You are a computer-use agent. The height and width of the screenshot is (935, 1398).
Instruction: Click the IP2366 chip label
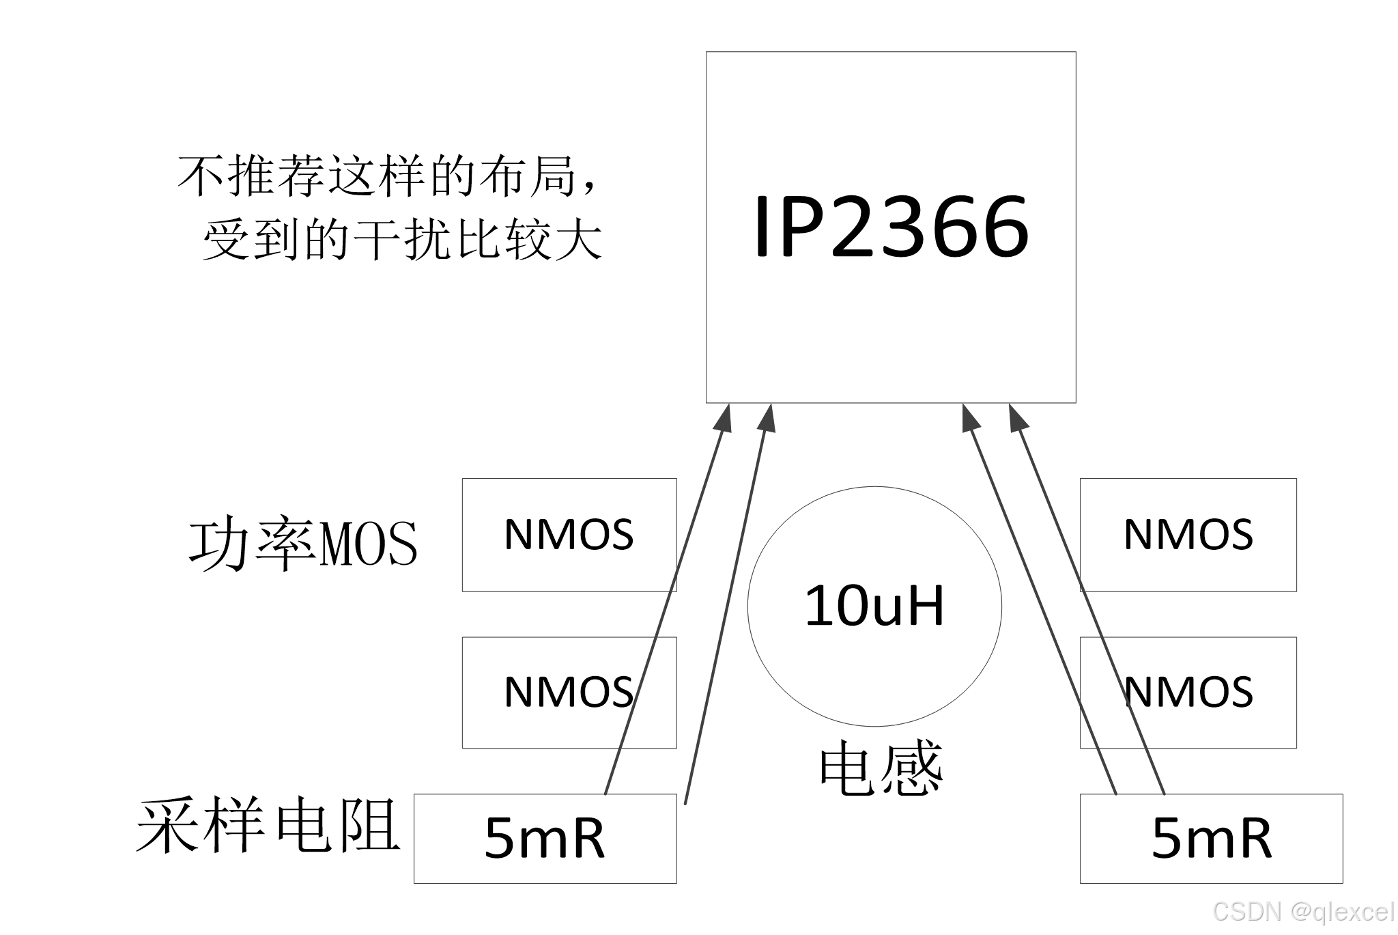[x=891, y=227]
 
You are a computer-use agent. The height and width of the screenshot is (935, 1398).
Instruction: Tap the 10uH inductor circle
[x=874, y=606]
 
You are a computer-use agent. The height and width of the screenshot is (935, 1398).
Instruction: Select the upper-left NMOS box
[x=569, y=534]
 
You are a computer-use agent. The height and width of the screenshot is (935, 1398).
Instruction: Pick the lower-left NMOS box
[x=569, y=692]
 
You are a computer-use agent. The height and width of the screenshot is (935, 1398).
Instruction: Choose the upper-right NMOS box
[x=1188, y=534]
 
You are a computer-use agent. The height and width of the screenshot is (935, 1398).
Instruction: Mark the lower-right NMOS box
[x=1188, y=692]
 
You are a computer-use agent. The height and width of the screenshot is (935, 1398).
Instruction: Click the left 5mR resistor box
[x=545, y=838]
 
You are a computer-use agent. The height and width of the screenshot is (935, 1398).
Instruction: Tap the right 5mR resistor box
[x=1211, y=838]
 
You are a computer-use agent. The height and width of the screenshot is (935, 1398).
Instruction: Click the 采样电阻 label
[x=268, y=826]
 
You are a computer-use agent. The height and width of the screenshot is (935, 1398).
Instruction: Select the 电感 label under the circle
[x=881, y=770]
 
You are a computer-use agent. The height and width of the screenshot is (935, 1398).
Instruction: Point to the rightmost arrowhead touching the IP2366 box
[x=1017, y=417]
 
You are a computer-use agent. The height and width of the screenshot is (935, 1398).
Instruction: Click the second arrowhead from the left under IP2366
[x=768, y=417]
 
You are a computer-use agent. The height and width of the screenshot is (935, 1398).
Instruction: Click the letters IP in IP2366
[x=785, y=227]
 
